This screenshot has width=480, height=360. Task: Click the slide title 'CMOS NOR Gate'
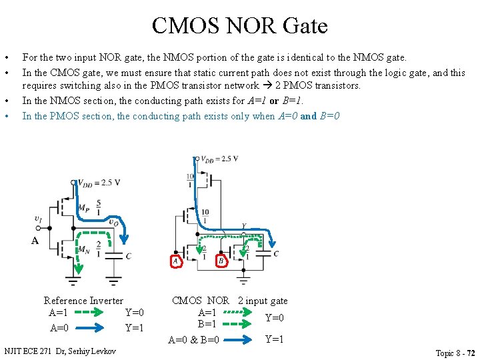click(x=239, y=26)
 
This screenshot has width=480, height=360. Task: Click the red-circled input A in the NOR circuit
click(x=175, y=261)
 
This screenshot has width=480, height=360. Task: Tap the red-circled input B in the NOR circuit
click(x=221, y=261)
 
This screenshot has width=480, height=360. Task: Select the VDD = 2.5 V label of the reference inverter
click(x=99, y=183)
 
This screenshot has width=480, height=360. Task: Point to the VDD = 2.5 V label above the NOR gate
click(x=219, y=159)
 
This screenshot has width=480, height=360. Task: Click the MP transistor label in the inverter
click(x=83, y=209)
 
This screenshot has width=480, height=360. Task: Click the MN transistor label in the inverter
click(x=83, y=251)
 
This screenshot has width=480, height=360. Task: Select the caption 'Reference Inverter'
click(x=83, y=301)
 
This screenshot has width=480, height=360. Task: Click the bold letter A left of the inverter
click(x=35, y=241)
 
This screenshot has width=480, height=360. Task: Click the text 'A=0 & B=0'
click(x=194, y=340)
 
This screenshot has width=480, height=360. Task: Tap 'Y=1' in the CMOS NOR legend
click(x=275, y=339)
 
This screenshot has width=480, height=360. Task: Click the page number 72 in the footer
click(x=471, y=353)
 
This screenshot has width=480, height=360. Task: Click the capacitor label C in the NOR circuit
click(x=276, y=254)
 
